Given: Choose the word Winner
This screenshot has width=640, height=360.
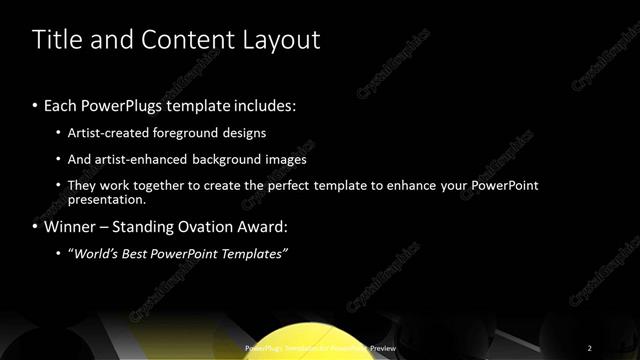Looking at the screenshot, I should pyautogui.click(x=72, y=227).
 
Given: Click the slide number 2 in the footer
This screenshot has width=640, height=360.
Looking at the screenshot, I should pyautogui.click(x=589, y=347).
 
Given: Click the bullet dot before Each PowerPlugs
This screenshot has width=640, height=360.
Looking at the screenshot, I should pyautogui.click(x=36, y=106).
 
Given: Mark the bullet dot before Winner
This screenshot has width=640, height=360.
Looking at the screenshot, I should pyautogui.click(x=36, y=228).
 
